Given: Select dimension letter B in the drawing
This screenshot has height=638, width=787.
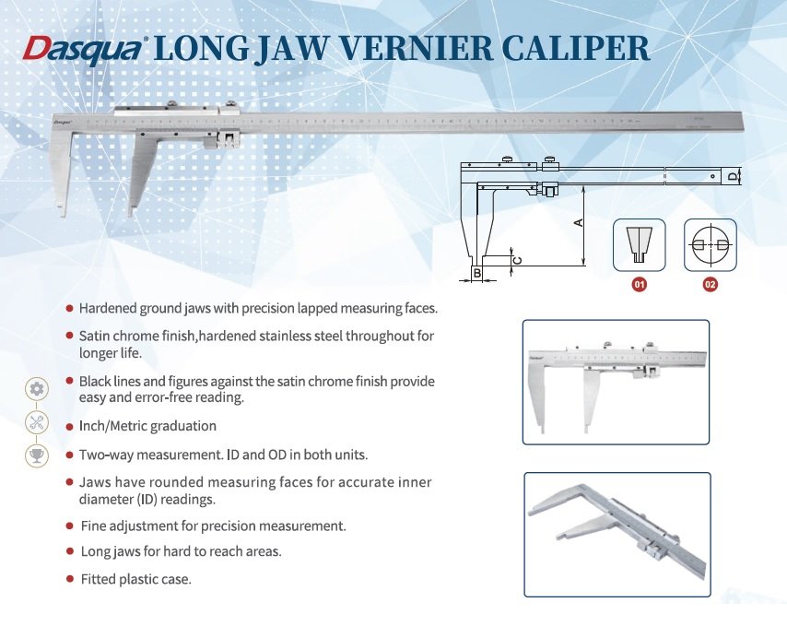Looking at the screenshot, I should (x=476, y=273).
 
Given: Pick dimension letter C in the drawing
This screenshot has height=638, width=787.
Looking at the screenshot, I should (x=518, y=261).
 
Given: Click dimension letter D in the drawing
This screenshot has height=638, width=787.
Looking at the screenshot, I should (x=733, y=175).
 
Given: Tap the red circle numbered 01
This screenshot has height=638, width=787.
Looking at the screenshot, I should (x=638, y=285).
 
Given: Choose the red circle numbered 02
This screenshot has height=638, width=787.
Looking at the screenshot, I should (x=710, y=285).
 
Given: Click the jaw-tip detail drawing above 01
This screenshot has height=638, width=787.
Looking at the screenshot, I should (x=639, y=244).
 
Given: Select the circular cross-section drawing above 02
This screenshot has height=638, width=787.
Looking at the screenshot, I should (x=710, y=244).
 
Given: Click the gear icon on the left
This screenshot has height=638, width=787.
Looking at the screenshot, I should (x=37, y=388).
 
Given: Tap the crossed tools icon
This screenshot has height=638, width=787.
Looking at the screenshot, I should (x=37, y=422).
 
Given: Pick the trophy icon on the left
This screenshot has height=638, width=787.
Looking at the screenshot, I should (x=37, y=455).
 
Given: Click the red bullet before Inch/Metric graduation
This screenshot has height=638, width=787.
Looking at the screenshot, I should (x=69, y=427).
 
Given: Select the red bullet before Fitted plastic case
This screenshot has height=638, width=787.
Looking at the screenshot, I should (x=69, y=579).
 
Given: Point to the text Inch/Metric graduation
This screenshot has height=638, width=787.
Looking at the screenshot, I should (x=147, y=426).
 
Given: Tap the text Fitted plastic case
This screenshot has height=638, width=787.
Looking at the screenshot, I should (x=135, y=579).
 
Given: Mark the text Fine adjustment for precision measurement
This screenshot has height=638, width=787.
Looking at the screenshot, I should (x=213, y=526).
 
